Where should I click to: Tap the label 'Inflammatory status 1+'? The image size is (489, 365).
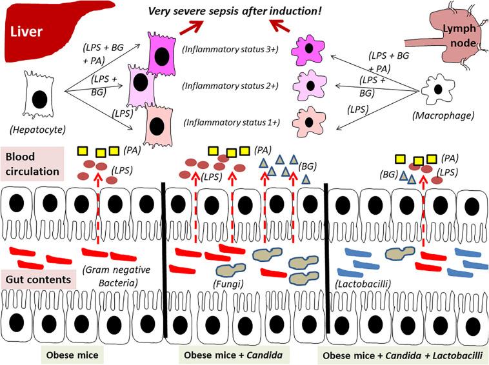230,123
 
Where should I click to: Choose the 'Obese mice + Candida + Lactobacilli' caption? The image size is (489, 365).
404,355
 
